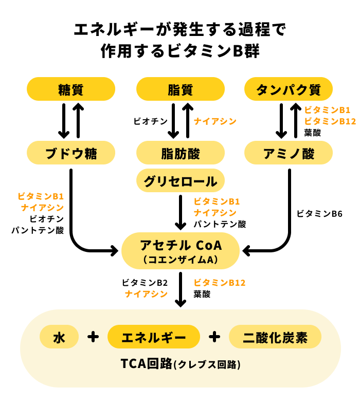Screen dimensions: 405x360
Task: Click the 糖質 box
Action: (71, 89)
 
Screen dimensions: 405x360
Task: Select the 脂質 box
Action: (180, 89)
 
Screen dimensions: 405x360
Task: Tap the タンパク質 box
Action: (289, 89)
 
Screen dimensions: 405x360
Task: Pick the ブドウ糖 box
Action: (71, 153)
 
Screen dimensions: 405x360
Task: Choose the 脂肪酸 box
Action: (180, 153)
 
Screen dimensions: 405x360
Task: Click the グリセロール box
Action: (180, 180)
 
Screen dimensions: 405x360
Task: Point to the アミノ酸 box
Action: (289, 153)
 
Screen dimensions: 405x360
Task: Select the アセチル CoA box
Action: (180, 251)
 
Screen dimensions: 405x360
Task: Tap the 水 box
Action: (59, 337)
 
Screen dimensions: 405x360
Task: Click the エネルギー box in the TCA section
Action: (153, 337)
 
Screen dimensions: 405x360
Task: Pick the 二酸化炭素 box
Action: (275, 337)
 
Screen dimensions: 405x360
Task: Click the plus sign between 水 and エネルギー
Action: (93, 337)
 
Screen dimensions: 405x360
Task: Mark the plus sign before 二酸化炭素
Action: (214, 337)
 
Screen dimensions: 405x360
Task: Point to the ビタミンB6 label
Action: (319, 213)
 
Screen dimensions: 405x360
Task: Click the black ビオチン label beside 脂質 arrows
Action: (150, 121)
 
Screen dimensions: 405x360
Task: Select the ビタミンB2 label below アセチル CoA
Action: (145, 283)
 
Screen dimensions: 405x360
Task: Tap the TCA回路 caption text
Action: (180, 364)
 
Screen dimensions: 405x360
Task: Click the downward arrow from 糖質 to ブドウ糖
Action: (64, 121)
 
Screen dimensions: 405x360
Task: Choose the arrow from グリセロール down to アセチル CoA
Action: (180, 212)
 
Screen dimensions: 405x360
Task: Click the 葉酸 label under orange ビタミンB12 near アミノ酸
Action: (313, 133)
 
